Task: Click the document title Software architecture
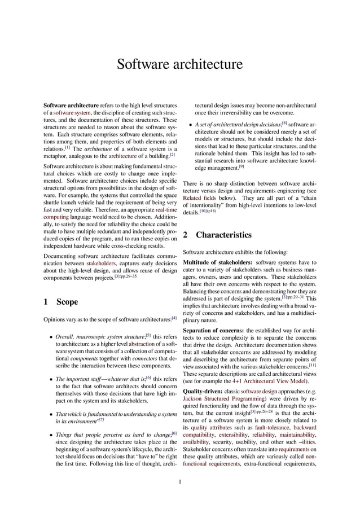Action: coord(179,64)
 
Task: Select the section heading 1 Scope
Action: coord(60,302)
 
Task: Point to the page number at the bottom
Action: coord(179,482)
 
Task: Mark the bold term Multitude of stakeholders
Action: coord(217,262)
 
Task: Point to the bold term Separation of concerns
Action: coord(214,330)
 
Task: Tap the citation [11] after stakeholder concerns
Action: coord(311,365)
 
